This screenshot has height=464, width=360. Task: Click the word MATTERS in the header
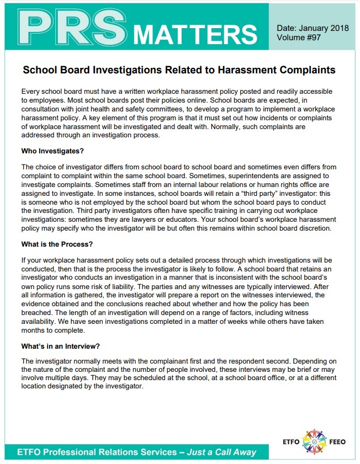pyautogui.click(x=195, y=34)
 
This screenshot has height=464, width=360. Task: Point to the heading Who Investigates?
pyautogui.click(x=52, y=150)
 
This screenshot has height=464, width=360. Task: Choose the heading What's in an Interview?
pyautogui.click(x=60, y=346)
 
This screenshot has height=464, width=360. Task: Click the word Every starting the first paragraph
pyautogui.click(x=31, y=90)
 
